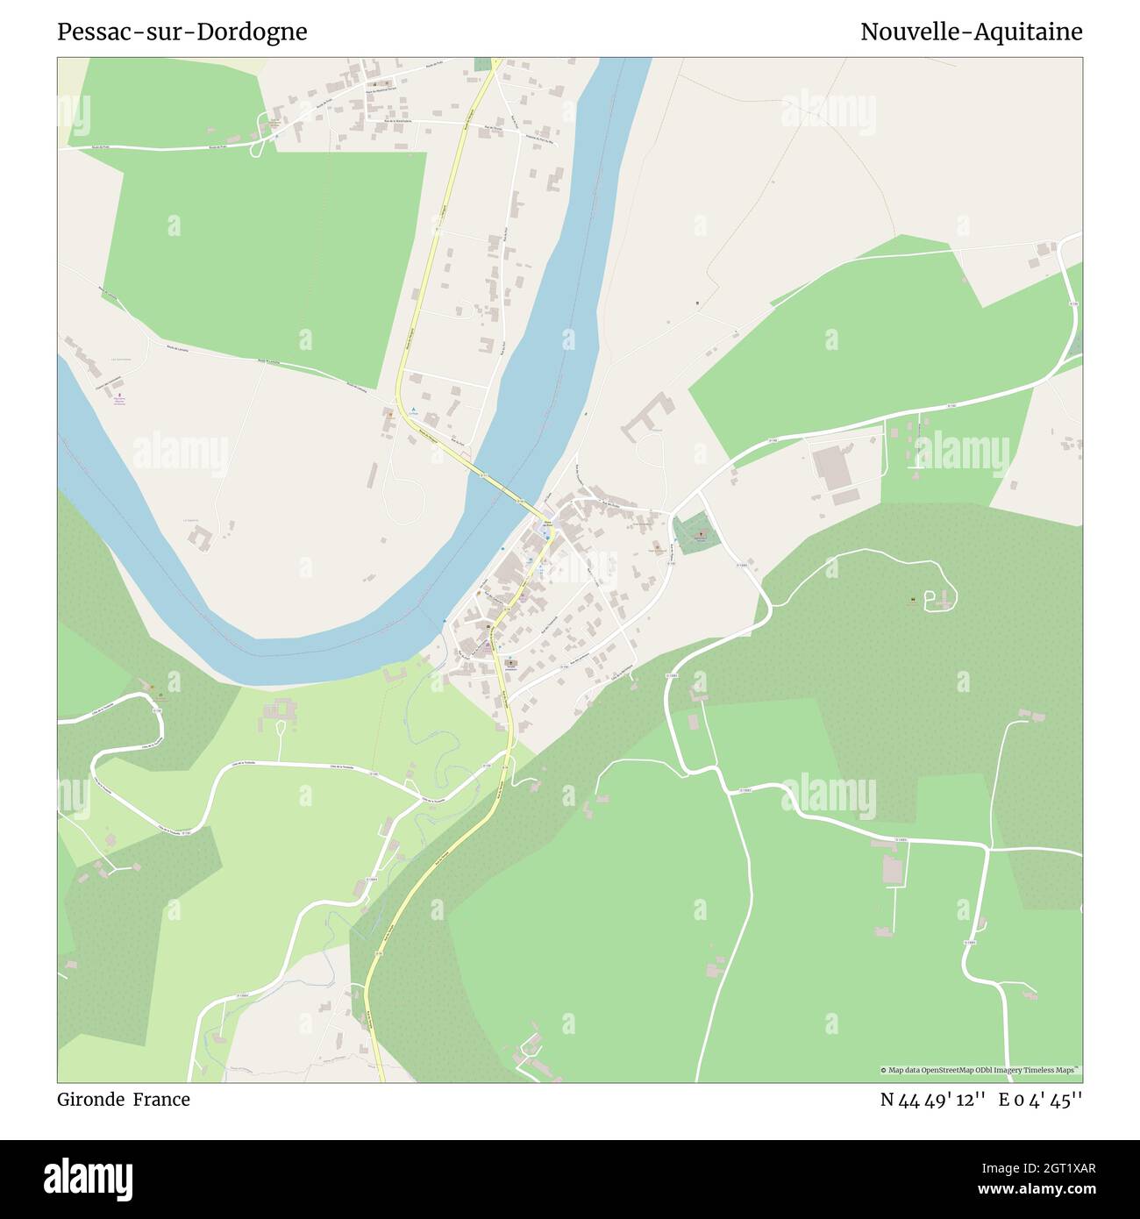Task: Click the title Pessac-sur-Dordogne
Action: pos(182,32)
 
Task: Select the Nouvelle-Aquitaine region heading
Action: pos(971,32)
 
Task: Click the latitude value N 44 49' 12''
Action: pos(934,1100)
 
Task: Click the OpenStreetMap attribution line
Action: pos(980,1070)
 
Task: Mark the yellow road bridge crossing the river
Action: pos(500,487)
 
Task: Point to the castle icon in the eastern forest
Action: pos(914,601)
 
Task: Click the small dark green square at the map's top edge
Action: pos(483,64)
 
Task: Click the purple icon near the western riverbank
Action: pos(120,396)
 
